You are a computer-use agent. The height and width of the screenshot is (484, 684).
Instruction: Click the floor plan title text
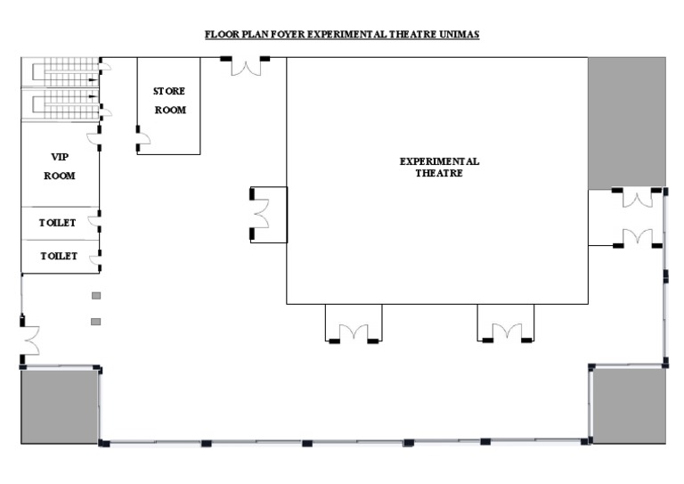342,35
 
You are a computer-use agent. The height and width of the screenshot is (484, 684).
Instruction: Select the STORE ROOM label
169,101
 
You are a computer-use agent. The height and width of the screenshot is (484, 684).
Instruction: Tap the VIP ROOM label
60,167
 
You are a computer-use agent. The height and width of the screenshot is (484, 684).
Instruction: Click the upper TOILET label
57,223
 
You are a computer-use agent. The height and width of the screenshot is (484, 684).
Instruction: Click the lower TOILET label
57,257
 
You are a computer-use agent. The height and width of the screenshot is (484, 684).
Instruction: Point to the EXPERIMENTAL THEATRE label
438,168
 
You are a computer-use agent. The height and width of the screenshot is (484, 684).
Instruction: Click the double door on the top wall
245,66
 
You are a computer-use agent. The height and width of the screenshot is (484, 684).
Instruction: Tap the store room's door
142,137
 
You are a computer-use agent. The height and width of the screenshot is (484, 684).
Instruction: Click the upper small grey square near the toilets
96,296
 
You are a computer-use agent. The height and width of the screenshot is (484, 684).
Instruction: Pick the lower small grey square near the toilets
96,321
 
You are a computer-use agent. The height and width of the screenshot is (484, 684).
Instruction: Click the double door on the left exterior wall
31,339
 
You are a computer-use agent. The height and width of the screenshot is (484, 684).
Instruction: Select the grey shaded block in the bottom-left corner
59,406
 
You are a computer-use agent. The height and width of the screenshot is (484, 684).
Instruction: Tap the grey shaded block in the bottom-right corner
629,406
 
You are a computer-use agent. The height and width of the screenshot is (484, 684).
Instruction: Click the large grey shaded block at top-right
626,123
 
